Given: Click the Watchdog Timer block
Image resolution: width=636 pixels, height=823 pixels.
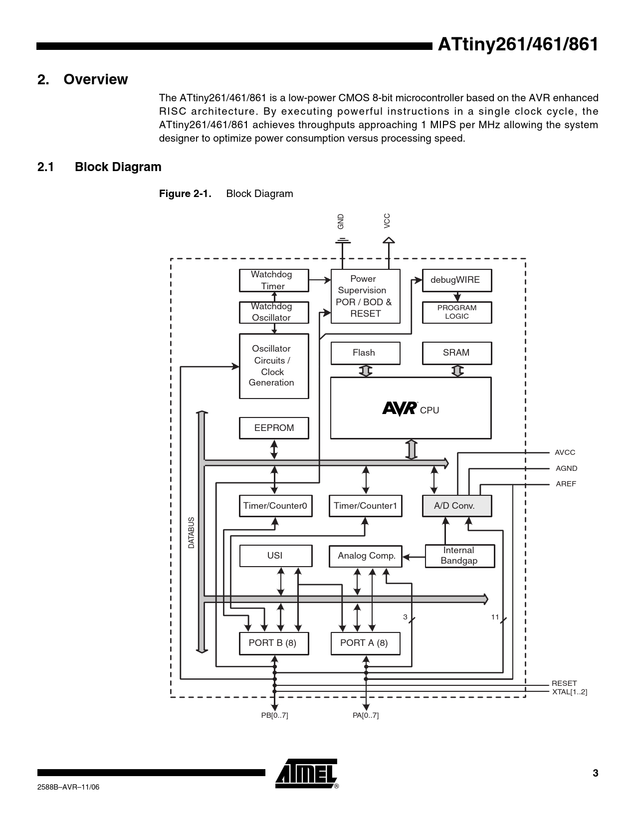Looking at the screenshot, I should [273, 280].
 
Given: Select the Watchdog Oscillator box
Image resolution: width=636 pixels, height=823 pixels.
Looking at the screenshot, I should [273, 312].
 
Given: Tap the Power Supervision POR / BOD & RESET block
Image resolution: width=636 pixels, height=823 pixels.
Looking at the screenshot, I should [365, 296].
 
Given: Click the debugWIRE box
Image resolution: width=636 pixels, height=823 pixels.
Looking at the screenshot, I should [456, 280].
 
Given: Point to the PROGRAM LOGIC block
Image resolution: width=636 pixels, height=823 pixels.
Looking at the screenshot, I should [456, 312].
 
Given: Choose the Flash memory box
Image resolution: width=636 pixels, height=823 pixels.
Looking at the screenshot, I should [365, 353].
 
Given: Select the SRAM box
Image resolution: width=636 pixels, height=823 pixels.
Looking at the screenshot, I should [456, 353].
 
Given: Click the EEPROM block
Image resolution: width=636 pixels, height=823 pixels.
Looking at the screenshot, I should [273, 428].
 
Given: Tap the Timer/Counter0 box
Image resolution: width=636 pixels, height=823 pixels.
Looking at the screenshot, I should [275, 506].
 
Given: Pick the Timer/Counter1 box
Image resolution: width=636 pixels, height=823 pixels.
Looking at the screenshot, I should [365, 506].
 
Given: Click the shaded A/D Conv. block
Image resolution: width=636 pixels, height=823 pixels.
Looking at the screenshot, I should [456, 506].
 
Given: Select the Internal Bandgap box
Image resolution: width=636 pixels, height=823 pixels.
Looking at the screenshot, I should [459, 556].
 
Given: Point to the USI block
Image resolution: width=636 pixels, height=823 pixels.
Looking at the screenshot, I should [275, 556].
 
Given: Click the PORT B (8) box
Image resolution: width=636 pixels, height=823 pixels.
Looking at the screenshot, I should [273, 643].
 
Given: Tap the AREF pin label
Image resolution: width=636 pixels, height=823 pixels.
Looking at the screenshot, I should [566, 484].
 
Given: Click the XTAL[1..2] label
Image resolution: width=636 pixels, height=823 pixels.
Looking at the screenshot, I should [569, 692].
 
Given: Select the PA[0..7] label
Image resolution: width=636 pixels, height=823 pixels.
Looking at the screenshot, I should [366, 715].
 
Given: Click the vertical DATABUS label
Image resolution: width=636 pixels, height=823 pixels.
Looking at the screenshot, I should [192, 533].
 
